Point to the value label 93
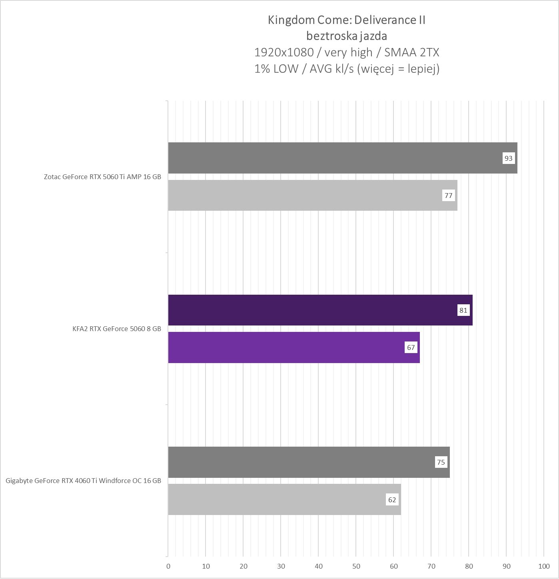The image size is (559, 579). [508, 158]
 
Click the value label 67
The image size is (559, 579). [411, 347]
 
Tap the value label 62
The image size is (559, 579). [392, 500]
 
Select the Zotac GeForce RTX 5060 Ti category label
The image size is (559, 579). [102, 177]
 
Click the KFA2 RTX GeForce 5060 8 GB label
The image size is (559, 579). [117, 329]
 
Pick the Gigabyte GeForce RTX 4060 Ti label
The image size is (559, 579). [83, 481]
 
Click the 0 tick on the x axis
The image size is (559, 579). [168, 566]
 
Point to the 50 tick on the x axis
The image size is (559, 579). [356, 566]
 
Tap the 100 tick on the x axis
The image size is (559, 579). [544, 566]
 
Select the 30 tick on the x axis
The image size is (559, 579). [281, 566]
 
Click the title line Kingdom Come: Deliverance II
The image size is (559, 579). [347, 20]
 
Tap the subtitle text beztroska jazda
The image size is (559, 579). [347, 36]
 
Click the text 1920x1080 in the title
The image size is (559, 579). [284, 52]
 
